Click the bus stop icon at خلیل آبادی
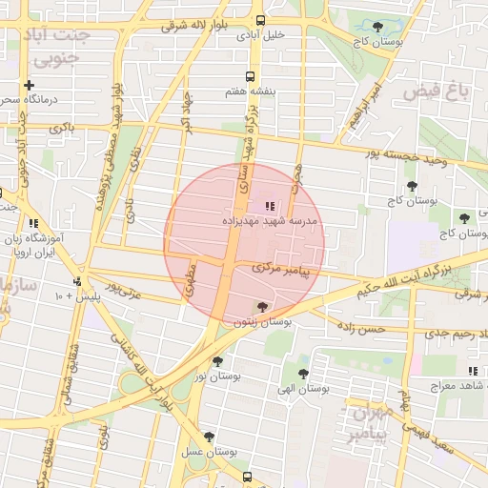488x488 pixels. [261, 21]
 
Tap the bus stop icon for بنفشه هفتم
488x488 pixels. [250, 76]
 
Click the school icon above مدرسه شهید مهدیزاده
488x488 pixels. [269, 205]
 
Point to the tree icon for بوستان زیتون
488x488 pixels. [262, 307]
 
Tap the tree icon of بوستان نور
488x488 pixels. [218, 361]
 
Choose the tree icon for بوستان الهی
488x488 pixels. [303, 374]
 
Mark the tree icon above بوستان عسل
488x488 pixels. [209, 437]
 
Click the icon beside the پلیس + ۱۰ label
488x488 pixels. [76, 281]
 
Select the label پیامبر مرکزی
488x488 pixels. [282, 271]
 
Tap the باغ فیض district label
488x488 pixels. [437, 91]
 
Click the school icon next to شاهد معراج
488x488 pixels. [472, 371]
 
